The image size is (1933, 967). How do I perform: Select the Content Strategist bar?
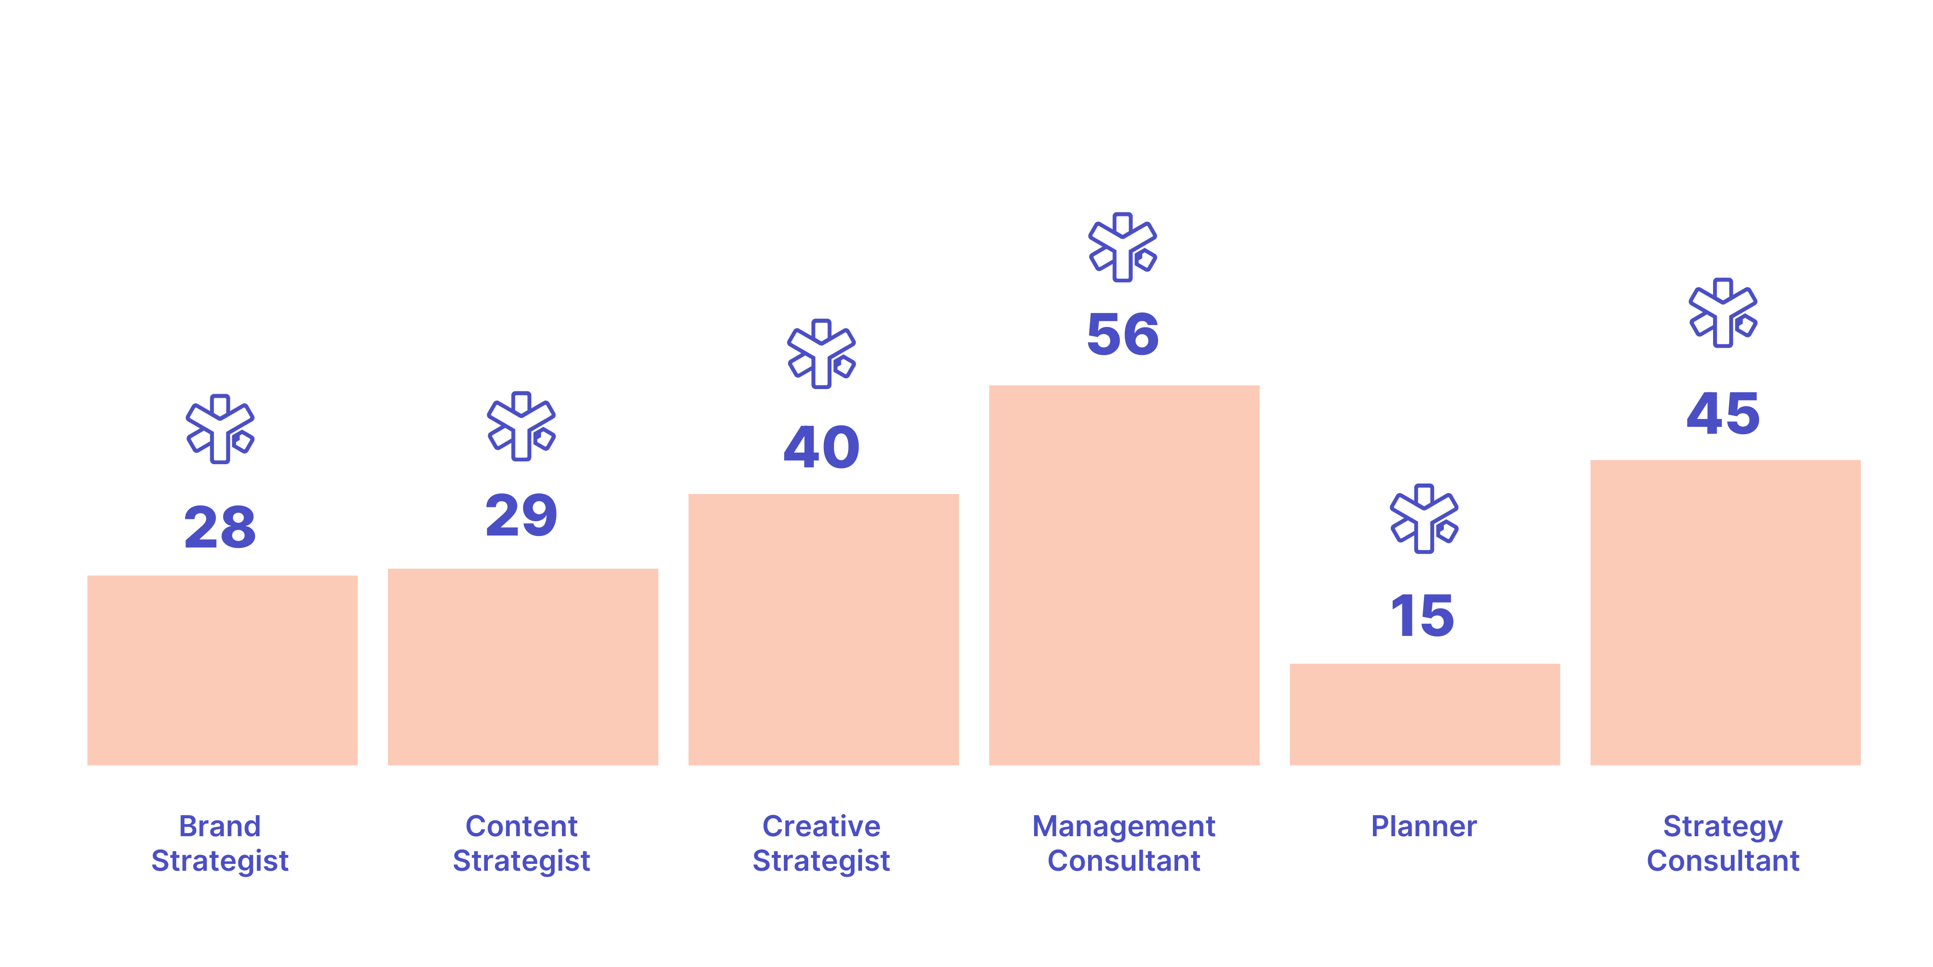[x=522, y=667]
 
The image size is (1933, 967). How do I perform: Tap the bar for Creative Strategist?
[x=823, y=629]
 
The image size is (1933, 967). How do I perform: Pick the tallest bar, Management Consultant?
[x=1124, y=575]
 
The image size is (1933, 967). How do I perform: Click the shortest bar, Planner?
[x=1424, y=714]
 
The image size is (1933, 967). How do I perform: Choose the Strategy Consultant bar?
[x=1725, y=612]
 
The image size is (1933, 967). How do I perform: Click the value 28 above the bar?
[x=220, y=527]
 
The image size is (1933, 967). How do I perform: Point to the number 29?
[x=521, y=516]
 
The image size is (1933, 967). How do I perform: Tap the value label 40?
[x=822, y=448]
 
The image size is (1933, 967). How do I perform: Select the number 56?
[x=1123, y=334]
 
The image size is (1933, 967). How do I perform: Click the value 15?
[x=1423, y=616]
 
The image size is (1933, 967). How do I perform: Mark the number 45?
[x=1723, y=413]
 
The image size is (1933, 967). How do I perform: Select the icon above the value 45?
[x=1723, y=312]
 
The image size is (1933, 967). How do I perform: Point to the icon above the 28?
[x=220, y=429]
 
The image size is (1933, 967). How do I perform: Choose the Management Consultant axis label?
[x=1123, y=843]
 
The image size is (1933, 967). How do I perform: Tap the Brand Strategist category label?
[x=220, y=843]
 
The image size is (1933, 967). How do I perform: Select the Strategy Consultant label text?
[x=1723, y=843]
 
